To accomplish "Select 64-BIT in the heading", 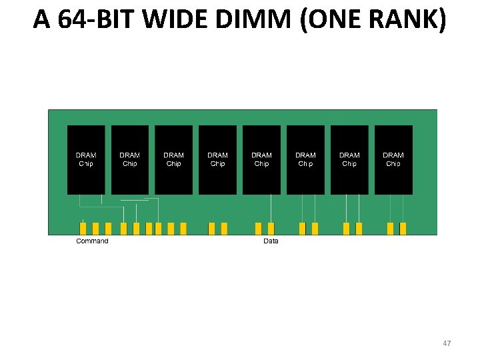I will [x=93, y=20].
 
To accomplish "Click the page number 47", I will [x=447, y=343].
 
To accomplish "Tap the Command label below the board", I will [x=92, y=241].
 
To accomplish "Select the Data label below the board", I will [x=271, y=241].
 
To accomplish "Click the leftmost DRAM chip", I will [x=86, y=160].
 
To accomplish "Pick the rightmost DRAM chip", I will [x=393, y=160].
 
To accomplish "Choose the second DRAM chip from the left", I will [x=130, y=160].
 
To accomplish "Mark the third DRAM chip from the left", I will [x=174, y=160].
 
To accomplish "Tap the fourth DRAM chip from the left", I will [x=217, y=160].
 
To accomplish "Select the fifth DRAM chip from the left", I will [x=261, y=160].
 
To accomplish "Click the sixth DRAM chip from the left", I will [x=305, y=160].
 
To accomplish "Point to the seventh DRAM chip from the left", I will [x=349, y=160].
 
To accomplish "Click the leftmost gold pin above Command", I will [x=83, y=229].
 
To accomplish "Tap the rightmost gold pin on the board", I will [x=403, y=229].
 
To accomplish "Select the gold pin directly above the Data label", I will [x=271, y=229].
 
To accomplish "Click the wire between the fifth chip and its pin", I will [x=271, y=208].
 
